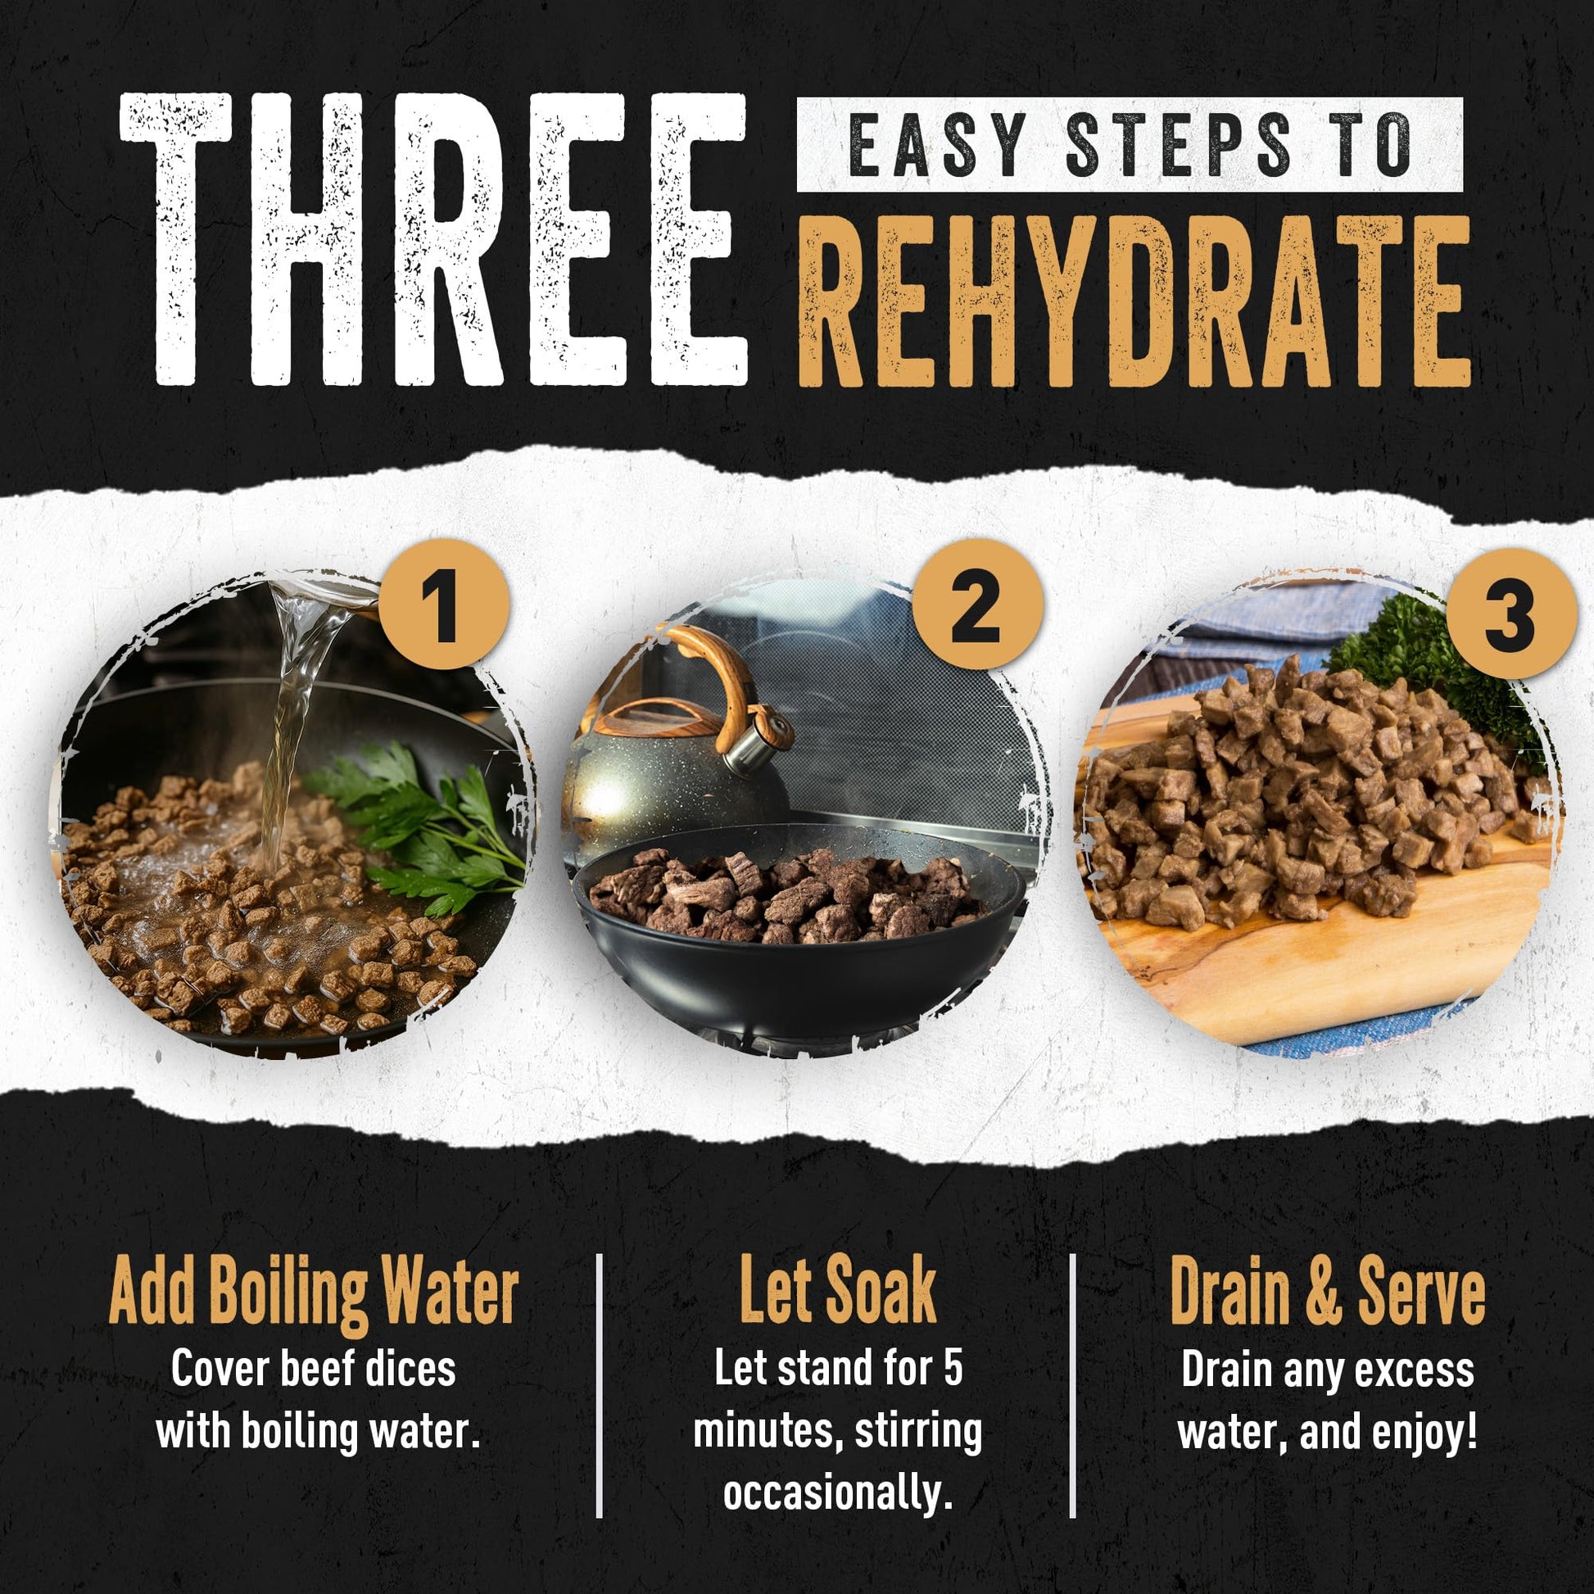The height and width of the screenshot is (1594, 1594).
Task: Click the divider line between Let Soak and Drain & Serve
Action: pyautogui.click(x=1072, y=1386)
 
